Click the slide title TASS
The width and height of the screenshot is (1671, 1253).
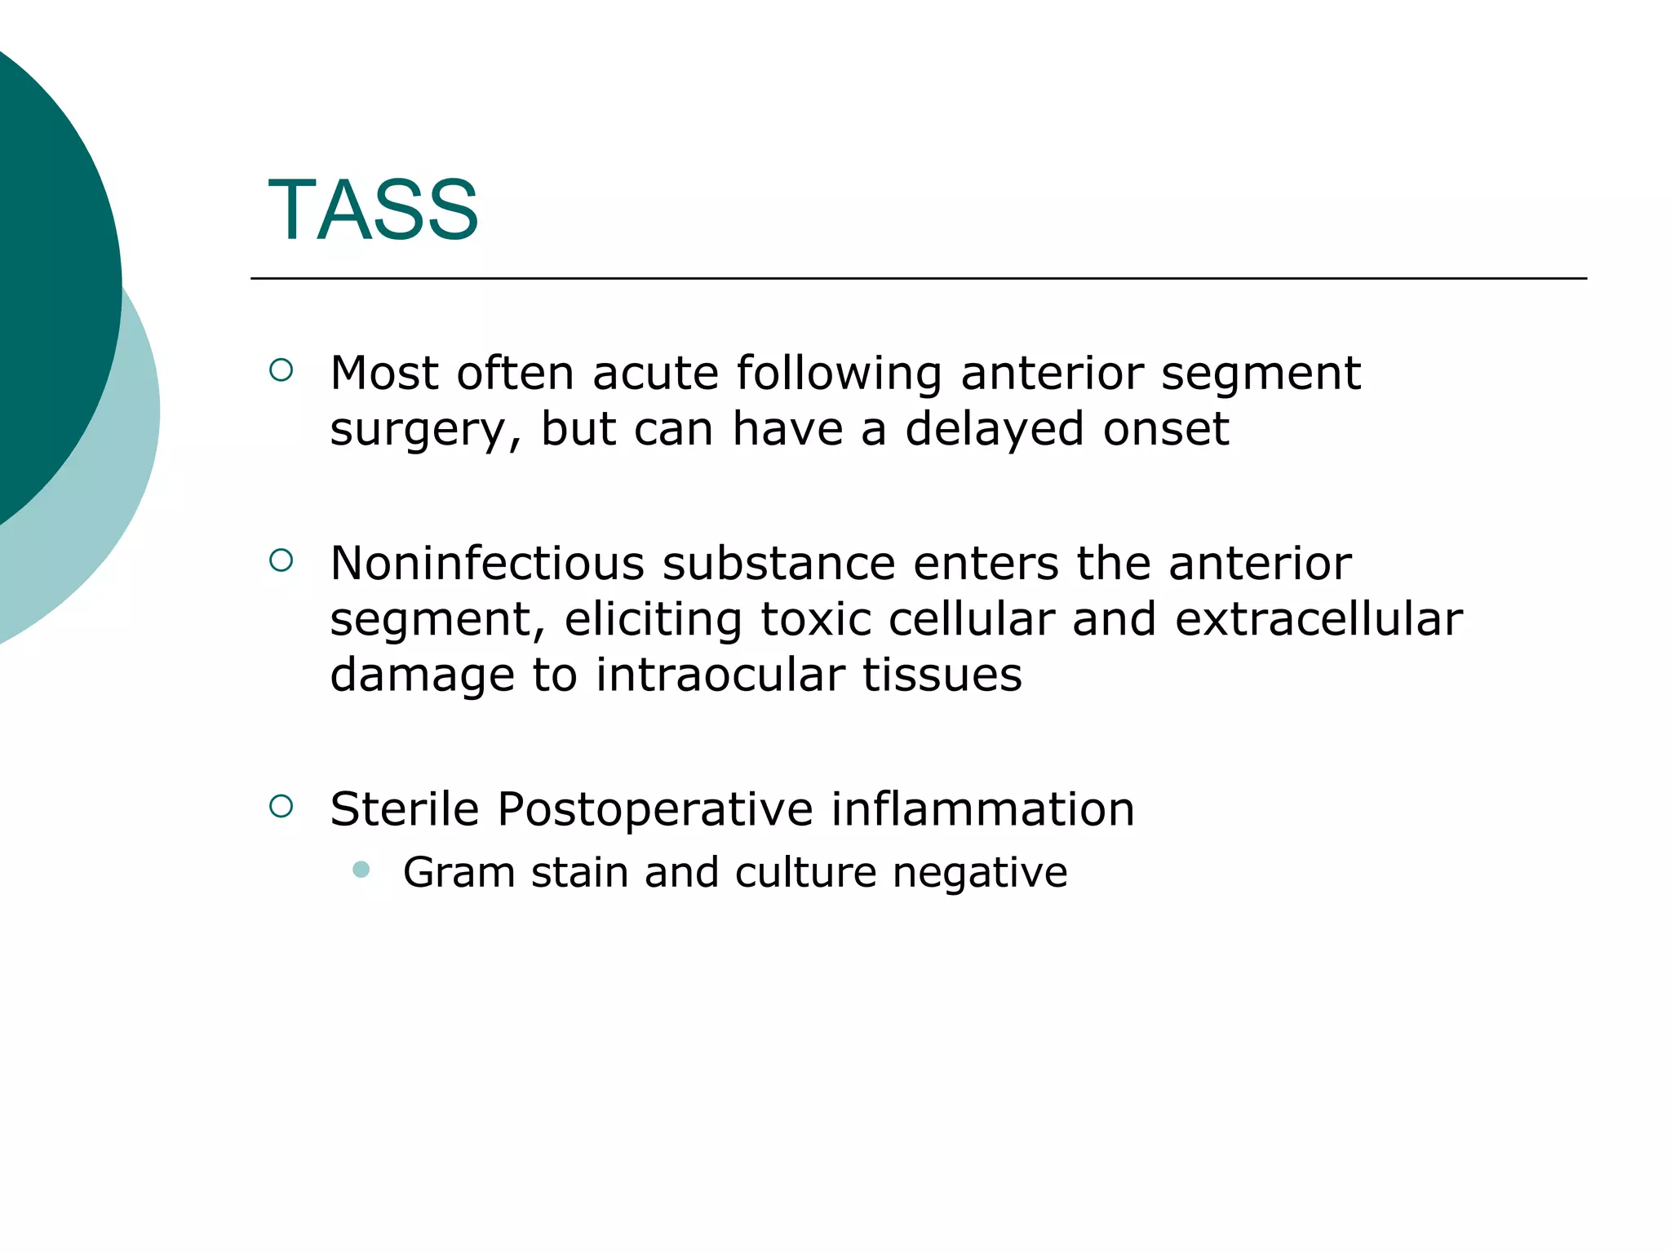coord(373,210)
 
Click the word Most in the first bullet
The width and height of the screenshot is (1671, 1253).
coord(383,374)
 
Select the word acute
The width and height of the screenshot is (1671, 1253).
coord(655,374)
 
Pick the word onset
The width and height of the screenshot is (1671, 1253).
coord(1165,429)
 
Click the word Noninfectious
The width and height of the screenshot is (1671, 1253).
coord(486,564)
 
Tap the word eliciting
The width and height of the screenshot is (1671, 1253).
coord(653,620)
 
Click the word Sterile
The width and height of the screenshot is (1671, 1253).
coord(404,809)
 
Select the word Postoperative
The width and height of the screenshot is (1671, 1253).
coord(654,809)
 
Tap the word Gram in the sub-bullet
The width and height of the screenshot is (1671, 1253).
coord(458,873)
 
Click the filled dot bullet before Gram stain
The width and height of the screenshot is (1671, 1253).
coord(361,870)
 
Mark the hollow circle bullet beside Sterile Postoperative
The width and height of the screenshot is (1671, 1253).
coord(281,806)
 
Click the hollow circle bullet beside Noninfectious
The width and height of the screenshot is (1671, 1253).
coord(281,560)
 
